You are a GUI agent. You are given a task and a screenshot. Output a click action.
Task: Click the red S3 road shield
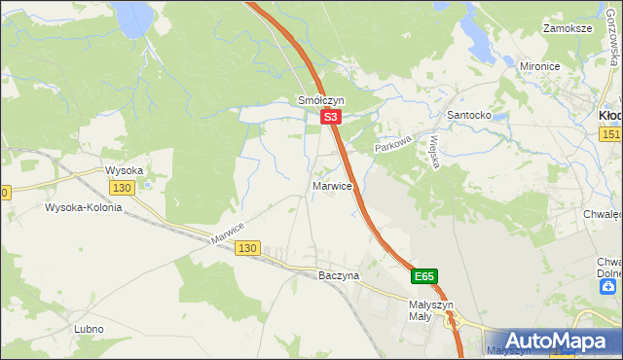331,117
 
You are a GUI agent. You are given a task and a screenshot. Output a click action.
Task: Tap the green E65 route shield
423,276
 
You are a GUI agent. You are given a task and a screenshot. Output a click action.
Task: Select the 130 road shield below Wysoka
122,188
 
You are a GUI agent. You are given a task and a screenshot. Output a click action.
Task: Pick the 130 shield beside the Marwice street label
247,249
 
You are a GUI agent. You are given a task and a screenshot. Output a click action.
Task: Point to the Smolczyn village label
321,100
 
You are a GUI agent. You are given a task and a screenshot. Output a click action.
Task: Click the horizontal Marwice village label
332,185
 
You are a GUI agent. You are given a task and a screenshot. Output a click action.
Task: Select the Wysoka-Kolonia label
83,207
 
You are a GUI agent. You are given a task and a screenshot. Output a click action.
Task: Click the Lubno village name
89,329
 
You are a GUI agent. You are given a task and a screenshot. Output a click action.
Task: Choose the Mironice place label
543,66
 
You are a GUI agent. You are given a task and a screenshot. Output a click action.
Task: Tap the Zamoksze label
568,28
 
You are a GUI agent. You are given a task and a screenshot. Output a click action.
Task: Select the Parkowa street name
395,141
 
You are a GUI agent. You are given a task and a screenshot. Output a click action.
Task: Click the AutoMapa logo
559,342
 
